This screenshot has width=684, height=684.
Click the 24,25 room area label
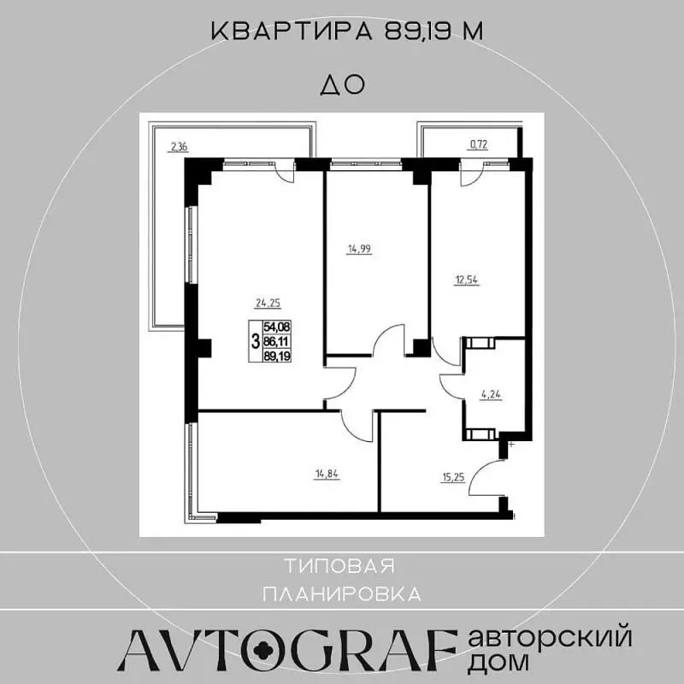click(268, 303)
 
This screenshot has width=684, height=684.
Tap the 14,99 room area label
click(359, 249)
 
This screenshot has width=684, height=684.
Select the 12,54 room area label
click(466, 280)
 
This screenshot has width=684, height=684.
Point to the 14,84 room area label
click(327, 475)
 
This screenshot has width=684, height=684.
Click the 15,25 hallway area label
click(453, 477)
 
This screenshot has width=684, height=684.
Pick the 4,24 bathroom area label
click(491, 395)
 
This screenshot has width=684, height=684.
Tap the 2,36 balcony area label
click(179, 146)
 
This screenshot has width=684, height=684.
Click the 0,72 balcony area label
click(478, 144)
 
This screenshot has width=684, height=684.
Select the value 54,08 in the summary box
click(276, 327)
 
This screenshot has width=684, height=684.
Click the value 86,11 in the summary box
click(276, 341)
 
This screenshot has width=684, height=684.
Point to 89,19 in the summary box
click(276, 356)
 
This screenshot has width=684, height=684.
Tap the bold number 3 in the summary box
click(256, 340)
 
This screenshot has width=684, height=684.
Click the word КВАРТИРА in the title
click(292, 32)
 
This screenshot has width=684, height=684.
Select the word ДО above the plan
click(343, 85)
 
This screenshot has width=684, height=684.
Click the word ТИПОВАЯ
click(339, 566)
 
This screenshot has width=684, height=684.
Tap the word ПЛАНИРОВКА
click(343, 594)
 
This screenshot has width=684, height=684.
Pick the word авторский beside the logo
click(550, 638)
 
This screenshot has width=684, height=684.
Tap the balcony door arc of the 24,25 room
click(287, 177)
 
